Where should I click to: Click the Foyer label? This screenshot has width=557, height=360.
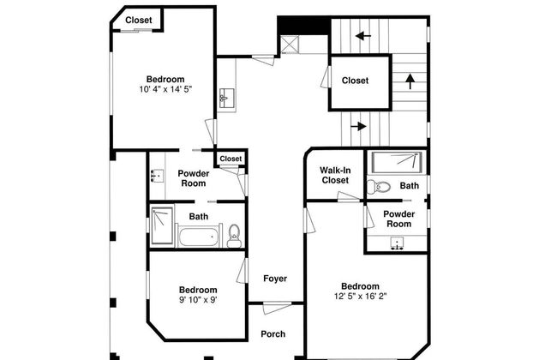click(x=275, y=279)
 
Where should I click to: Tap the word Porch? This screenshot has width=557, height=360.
click(x=273, y=334)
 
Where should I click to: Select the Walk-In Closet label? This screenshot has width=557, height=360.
click(x=335, y=175)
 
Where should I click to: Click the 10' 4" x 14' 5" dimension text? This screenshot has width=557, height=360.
click(x=165, y=89)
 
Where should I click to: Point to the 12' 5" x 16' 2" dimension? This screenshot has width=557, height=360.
click(x=360, y=296)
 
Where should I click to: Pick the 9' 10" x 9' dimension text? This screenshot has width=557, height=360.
click(x=198, y=300)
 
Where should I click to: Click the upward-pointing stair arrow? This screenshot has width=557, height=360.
click(x=410, y=81)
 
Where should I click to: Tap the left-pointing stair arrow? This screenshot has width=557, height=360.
click(x=363, y=36)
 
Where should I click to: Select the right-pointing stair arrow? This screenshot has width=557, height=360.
click(x=358, y=126)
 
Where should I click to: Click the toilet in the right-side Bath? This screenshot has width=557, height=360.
click(x=378, y=186)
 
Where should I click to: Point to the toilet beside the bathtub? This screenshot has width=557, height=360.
click(x=234, y=236)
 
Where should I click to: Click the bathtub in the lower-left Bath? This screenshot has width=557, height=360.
click(x=198, y=237)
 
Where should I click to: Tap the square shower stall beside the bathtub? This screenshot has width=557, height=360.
click(x=162, y=226)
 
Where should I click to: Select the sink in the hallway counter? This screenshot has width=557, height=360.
click(x=226, y=98)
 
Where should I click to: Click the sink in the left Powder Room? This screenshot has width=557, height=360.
click(x=157, y=176)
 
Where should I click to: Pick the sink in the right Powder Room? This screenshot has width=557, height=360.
click(x=397, y=243)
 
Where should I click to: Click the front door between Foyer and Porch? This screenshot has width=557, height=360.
click(x=277, y=308)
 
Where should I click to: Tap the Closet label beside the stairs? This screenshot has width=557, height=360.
click(x=355, y=81)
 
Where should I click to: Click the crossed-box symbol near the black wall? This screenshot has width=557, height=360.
click(x=290, y=45)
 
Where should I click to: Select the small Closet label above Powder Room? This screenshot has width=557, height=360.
click(x=231, y=159)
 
